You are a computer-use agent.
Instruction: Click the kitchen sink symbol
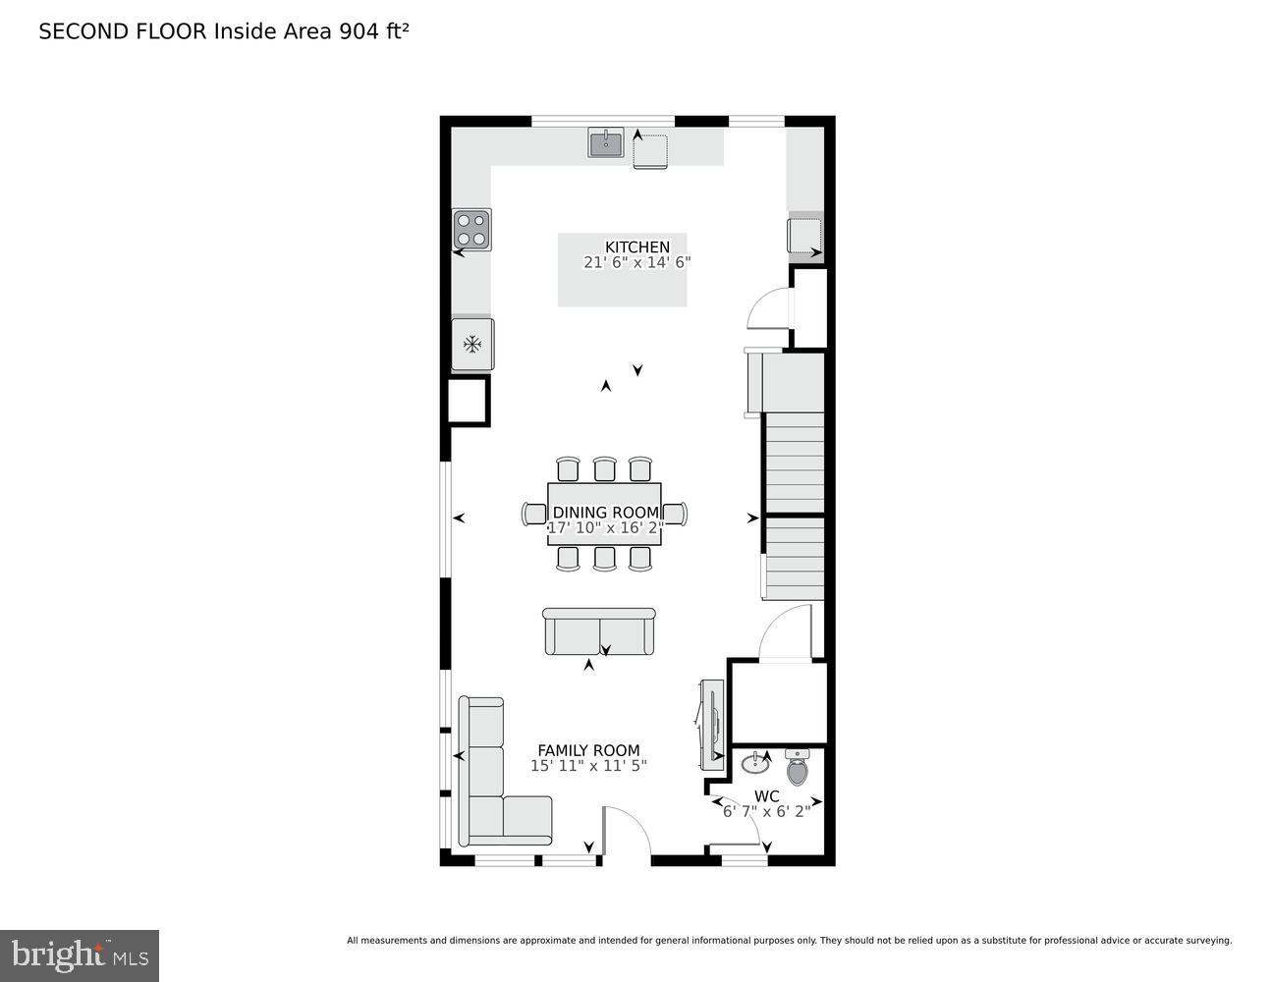(x=606, y=143)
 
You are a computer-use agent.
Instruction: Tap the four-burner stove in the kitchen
(x=471, y=230)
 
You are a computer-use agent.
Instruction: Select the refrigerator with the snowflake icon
(x=472, y=345)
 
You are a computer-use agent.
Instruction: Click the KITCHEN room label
(x=636, y=247)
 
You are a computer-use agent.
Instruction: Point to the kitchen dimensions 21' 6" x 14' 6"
(x=636, y=263)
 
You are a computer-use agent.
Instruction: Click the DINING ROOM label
(x=605, y=513)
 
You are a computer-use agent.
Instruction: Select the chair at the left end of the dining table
(x=534, y=514)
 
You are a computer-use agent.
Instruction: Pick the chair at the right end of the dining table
(x=676, y=514)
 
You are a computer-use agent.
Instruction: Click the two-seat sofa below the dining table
(x=598, y=631)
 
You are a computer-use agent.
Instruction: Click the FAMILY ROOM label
(x=588, y=750)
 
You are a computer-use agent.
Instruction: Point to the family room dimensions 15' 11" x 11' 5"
(x=588, y=766)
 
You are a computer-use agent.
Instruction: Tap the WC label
(x=767, y=795)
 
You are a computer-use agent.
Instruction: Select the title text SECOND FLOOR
(x=123, y=31)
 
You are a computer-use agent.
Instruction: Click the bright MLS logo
(x=80, y=955)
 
